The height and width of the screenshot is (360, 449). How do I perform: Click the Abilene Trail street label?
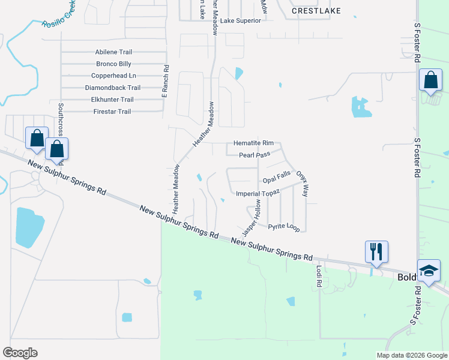coord(113,52)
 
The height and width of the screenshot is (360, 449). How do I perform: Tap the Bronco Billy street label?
coord(113,64)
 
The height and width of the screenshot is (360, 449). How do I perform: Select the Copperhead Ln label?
coord(113,76)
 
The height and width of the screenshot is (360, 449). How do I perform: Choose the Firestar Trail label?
coord(112,112)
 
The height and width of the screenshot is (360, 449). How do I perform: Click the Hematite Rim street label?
coord(253,143)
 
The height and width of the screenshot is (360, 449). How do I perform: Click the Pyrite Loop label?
coord(283,227)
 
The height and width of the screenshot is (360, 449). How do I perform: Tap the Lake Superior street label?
coord(241,20)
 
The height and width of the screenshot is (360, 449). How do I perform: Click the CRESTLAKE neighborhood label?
coord(316,11)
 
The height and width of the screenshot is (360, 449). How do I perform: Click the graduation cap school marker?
coord(429,271)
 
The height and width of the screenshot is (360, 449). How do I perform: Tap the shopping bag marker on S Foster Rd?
coord(430,80)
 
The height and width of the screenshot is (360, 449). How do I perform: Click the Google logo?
coord(20,353)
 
